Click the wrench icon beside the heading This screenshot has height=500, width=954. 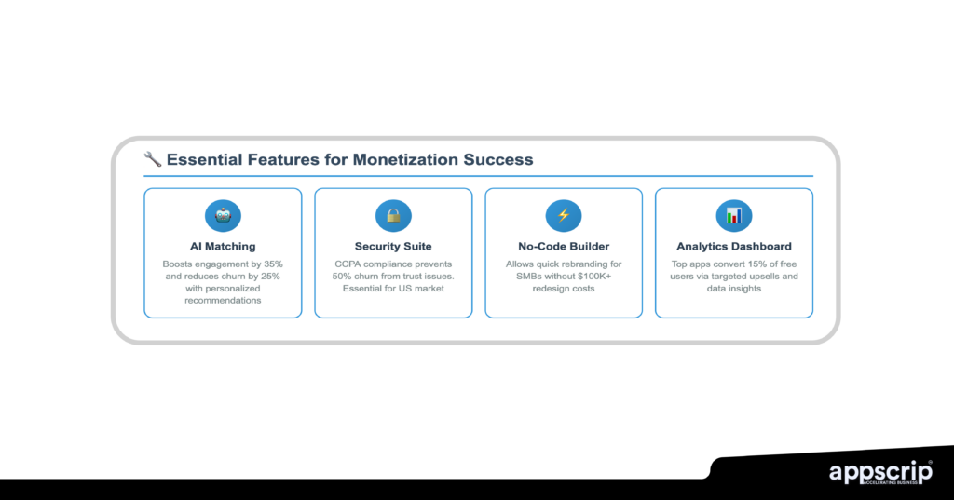point(153,159)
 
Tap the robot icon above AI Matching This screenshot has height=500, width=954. point(223,216)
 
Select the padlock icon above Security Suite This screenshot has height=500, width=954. point(393,216)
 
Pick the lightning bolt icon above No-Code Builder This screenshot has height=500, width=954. point(564,216)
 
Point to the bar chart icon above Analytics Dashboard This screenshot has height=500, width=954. point(734,216)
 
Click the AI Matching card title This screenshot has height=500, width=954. point(223,247)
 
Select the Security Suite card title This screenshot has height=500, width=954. point(393,247)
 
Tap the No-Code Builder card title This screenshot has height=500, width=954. point(564,247)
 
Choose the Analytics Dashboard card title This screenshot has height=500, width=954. point(734,247)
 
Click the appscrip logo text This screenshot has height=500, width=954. point(880,473)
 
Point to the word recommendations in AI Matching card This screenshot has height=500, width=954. point(223,301)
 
